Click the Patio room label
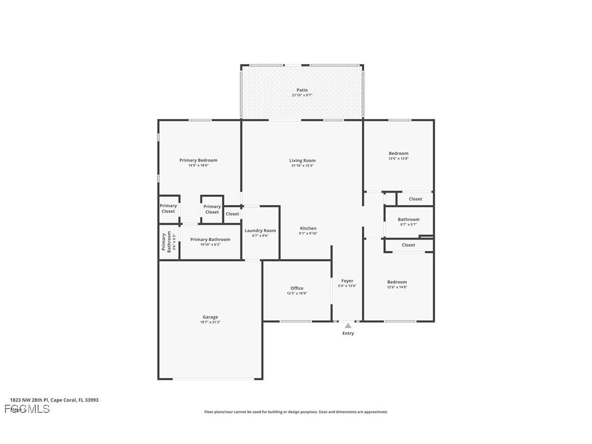coord(302,90)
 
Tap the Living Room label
coord(302,160)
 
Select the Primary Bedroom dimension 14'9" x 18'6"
coord(198,165)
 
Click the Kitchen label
coord(308,229)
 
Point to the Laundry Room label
coord(260,231)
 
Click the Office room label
coord(297,288)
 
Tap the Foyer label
coord(347,281)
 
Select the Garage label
coord(210,317)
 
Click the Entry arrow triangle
coord(348,326)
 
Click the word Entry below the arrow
coord(348,333)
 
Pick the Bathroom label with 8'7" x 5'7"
coord(408,219)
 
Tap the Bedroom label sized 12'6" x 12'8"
coord(398,153)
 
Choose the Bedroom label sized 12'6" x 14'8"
coord(397,282)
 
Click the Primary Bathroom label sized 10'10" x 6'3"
coord(210,239)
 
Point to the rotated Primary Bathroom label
coord(166,242)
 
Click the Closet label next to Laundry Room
coord(232,214)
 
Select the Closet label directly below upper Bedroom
coord(415,199)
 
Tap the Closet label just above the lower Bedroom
coord(408,245)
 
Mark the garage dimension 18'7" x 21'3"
coord(210,322)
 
